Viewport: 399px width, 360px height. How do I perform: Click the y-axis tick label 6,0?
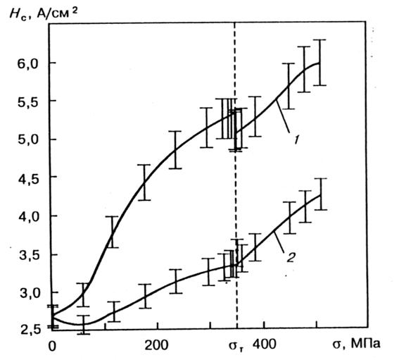tap(27, 63)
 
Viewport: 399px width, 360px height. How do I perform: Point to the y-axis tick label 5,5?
tap(27, 101)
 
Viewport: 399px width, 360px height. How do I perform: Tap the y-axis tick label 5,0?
tap(27, 139)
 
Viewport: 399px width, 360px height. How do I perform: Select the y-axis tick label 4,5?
tap(27, 178)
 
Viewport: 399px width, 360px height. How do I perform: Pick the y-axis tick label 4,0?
tap(27, 217)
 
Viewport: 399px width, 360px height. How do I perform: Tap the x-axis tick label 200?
tap(157, 345)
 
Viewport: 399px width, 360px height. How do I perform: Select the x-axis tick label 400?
tap(265, 345)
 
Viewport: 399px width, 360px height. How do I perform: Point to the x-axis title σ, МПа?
tap(356, 345)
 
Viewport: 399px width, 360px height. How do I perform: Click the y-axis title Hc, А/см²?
tap(43, 14)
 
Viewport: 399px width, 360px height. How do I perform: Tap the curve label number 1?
tap(296, 140)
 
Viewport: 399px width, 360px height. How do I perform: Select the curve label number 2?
tap(291, 257)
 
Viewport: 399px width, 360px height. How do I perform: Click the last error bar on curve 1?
tap(319, 63)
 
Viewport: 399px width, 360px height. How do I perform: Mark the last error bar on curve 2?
tap(320, 194)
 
